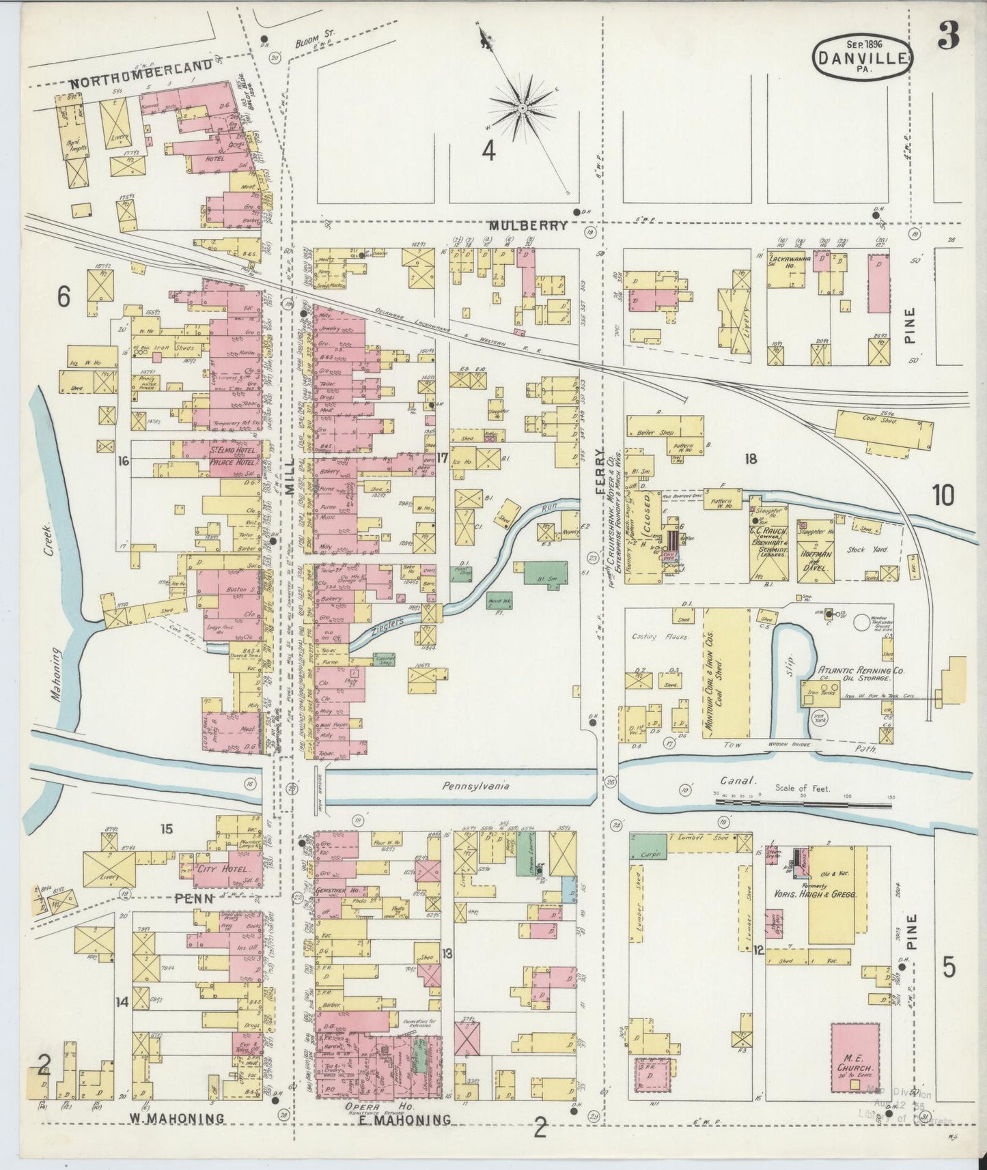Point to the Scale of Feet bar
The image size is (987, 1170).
click(x=803, y=803)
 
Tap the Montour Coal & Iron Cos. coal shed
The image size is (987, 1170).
click(x=725, y=672)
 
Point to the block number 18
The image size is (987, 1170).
click(x=751, y=459)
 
